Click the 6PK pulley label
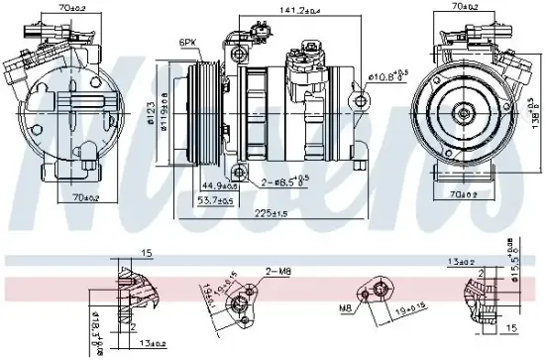(x=188, y=43)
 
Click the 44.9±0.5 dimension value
(x=220, y=184)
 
